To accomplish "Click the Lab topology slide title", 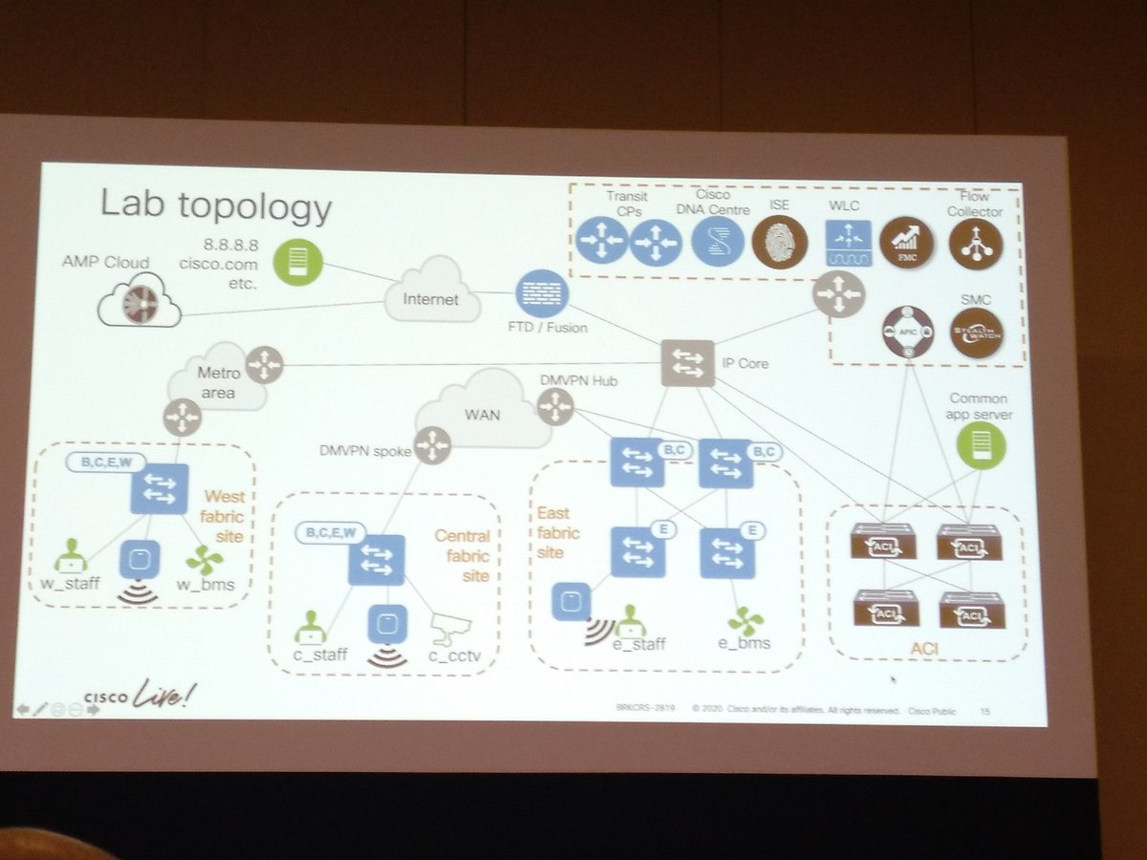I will tap(216, 205).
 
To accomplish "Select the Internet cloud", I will tap(430, 292).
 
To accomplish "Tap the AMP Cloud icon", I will tap(140, 300).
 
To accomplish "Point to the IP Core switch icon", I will tap(687, 363).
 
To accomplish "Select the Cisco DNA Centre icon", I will tap(717, 241).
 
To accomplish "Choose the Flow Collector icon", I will tap(976, 243).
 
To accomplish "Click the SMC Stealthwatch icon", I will tap(977, 333).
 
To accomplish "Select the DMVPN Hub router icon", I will tap(555, 409).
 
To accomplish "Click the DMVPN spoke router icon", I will tap(432, 444).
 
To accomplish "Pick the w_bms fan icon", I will tap(205, 559).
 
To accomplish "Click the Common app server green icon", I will tap(982, 445).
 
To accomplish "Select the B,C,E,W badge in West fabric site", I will tap(107, 462).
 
